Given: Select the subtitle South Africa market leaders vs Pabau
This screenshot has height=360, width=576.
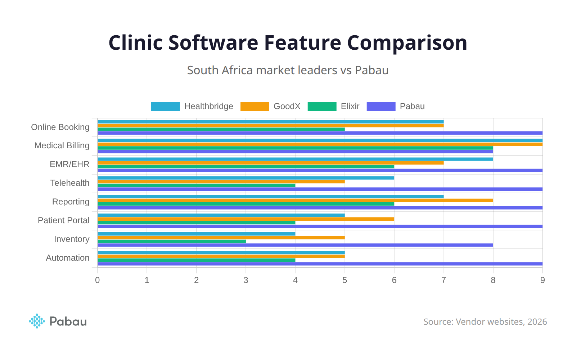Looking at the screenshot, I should click(288, 70).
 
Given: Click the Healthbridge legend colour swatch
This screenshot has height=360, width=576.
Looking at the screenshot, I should click(165, 107).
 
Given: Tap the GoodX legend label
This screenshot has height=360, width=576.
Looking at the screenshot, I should click(287, 107).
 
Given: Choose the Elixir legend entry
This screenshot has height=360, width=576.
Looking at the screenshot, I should click(350, 107).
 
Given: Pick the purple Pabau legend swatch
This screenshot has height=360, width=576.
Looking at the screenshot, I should click(381, 107).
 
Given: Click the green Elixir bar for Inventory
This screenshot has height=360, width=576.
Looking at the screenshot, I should click(172, 241).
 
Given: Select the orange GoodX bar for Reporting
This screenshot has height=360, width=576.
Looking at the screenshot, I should click(295, 200).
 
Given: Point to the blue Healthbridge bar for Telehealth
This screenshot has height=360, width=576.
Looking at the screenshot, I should click(246, 178).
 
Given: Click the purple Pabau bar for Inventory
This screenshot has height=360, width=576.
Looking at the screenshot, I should click(295, 245).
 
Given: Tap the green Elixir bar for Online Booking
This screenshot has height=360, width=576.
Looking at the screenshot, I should click(221, 129).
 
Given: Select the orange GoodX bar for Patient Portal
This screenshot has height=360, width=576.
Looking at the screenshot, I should click(246, 219).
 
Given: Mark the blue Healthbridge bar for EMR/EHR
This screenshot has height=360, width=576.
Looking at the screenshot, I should click(295, 159).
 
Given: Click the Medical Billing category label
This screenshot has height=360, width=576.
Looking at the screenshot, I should click(62, 145).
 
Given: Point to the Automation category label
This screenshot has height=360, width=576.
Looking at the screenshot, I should click(68, 258).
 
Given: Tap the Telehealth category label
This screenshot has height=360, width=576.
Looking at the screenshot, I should click(70, 183).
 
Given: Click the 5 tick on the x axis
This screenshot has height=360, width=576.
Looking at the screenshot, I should click(345, 280).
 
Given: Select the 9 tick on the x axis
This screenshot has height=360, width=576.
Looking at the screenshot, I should click(543, 280).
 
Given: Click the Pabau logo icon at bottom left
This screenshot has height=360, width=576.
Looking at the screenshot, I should click(37, 321).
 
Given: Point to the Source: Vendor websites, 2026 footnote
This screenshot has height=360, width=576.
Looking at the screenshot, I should click(485, 322).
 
